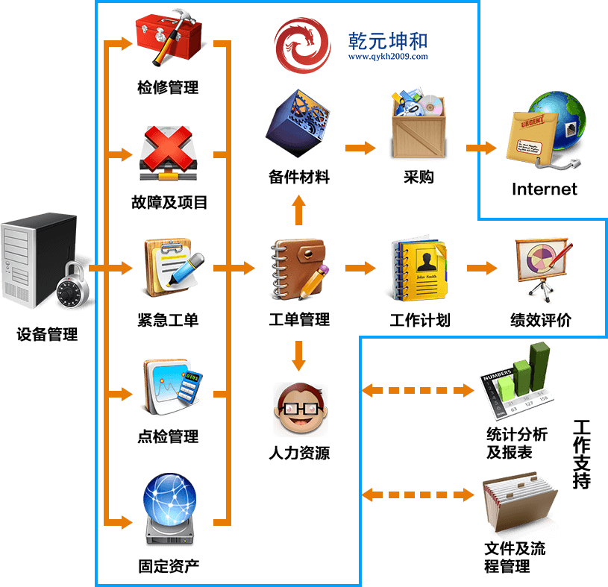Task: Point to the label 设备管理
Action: click(x=47, y=334)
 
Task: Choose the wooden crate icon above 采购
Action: click(x=418, y=125)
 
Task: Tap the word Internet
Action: click(x=544, y=189)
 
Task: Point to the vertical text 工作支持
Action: click(x=581, y=454)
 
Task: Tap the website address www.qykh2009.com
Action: click(x=387, y=57)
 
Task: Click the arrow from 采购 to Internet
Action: click(x=480, y=148)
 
